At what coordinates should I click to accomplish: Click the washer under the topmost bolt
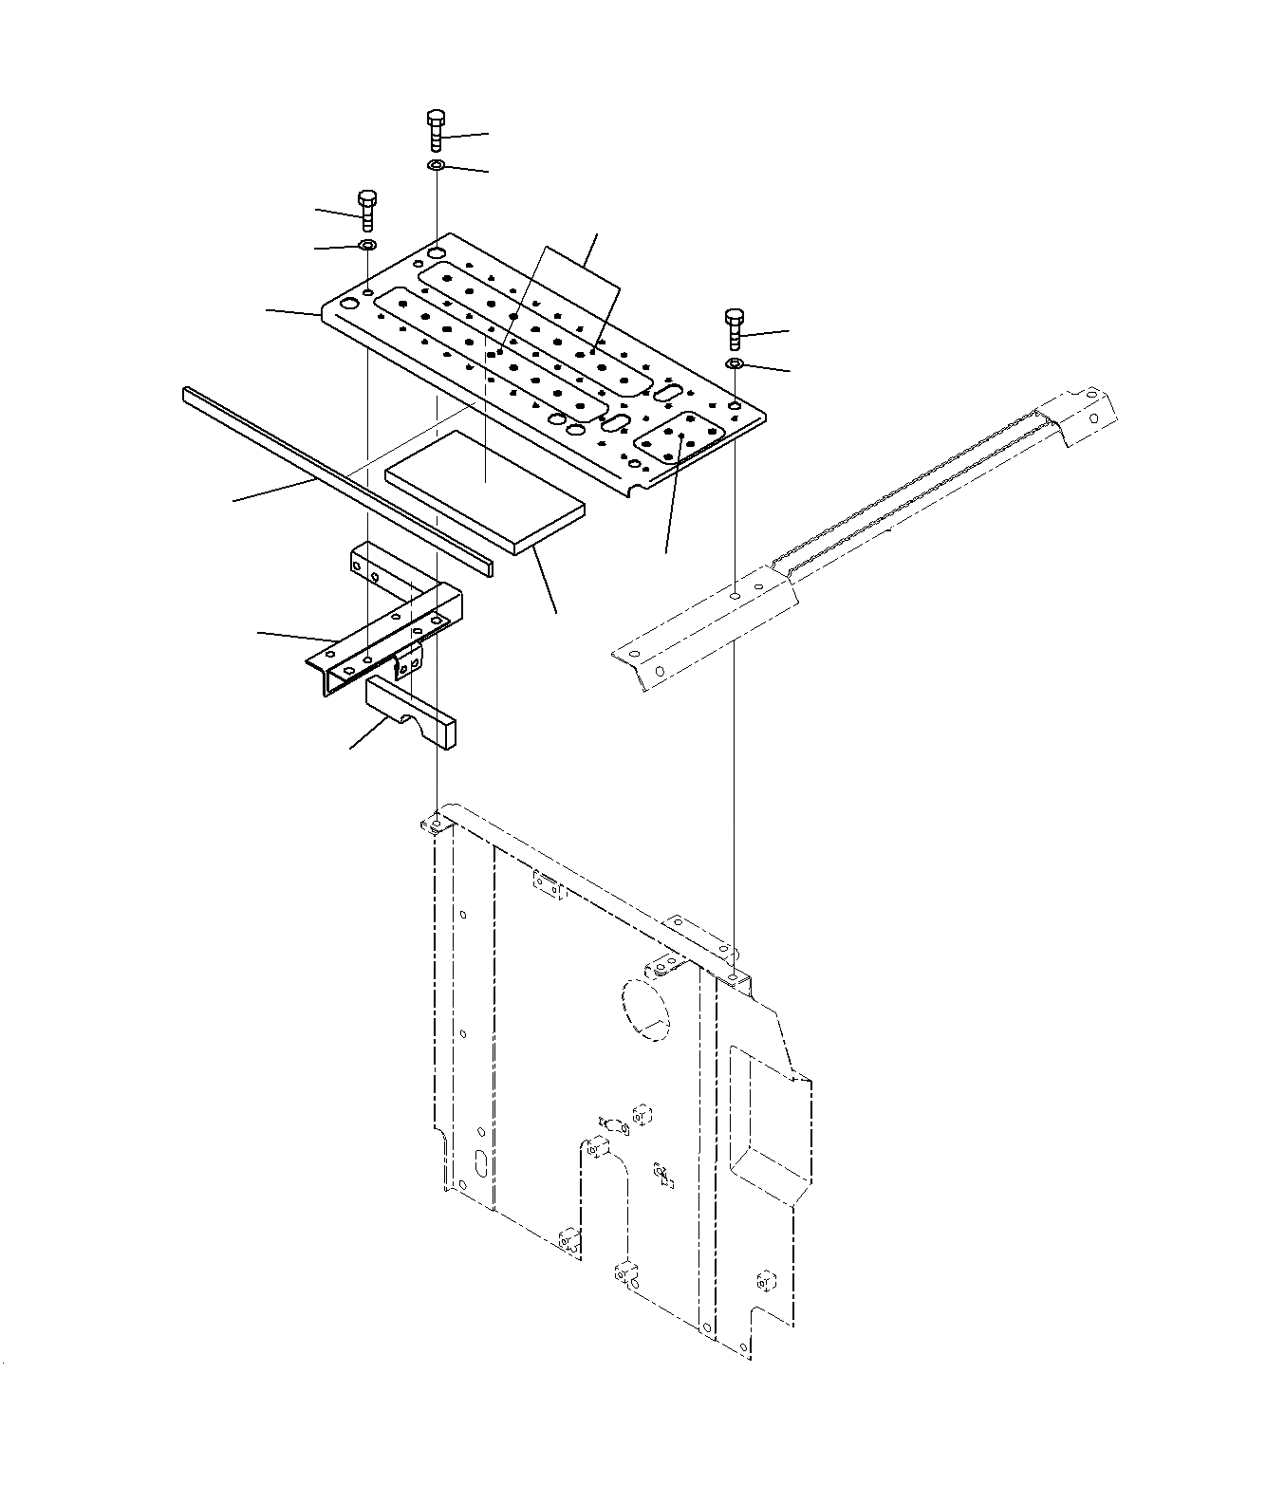click(x=436, y=166)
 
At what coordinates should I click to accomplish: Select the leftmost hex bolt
click(x=366, y=210)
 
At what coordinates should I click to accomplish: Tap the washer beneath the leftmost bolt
click(x=366, y=247)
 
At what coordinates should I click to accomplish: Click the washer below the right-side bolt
click(x=735, y=364)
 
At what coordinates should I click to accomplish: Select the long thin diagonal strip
click(x=332, y=474)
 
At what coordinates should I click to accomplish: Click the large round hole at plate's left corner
click(x=349, y=304)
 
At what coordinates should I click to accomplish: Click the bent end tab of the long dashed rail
click(x=1082, y=413)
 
